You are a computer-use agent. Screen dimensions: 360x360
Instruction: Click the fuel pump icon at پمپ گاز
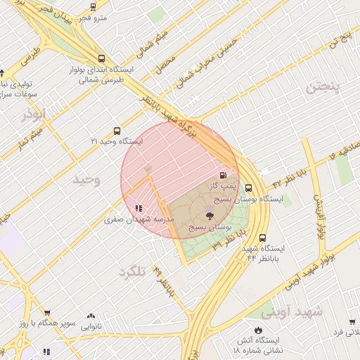coord(224,176)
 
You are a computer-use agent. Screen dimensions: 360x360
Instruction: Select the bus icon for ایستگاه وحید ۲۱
coord(117,130)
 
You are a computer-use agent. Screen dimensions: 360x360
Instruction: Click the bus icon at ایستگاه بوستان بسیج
coord(248,188)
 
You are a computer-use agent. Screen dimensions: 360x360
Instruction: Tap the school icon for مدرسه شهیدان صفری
coord(139,208)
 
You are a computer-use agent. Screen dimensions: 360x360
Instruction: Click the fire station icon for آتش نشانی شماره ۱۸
coord(257,329)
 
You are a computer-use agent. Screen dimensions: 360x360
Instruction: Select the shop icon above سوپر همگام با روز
coord(47,313)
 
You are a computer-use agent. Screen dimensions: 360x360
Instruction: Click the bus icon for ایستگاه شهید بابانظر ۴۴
coord(262,238)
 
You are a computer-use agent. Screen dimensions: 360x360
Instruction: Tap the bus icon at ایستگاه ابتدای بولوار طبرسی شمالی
coord(103,59)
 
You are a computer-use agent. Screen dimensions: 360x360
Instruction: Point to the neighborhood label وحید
coord(86,179)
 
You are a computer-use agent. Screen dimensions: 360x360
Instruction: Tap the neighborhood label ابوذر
coord(34,113)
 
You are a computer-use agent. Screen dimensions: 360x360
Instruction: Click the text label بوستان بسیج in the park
coord(210,227)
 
